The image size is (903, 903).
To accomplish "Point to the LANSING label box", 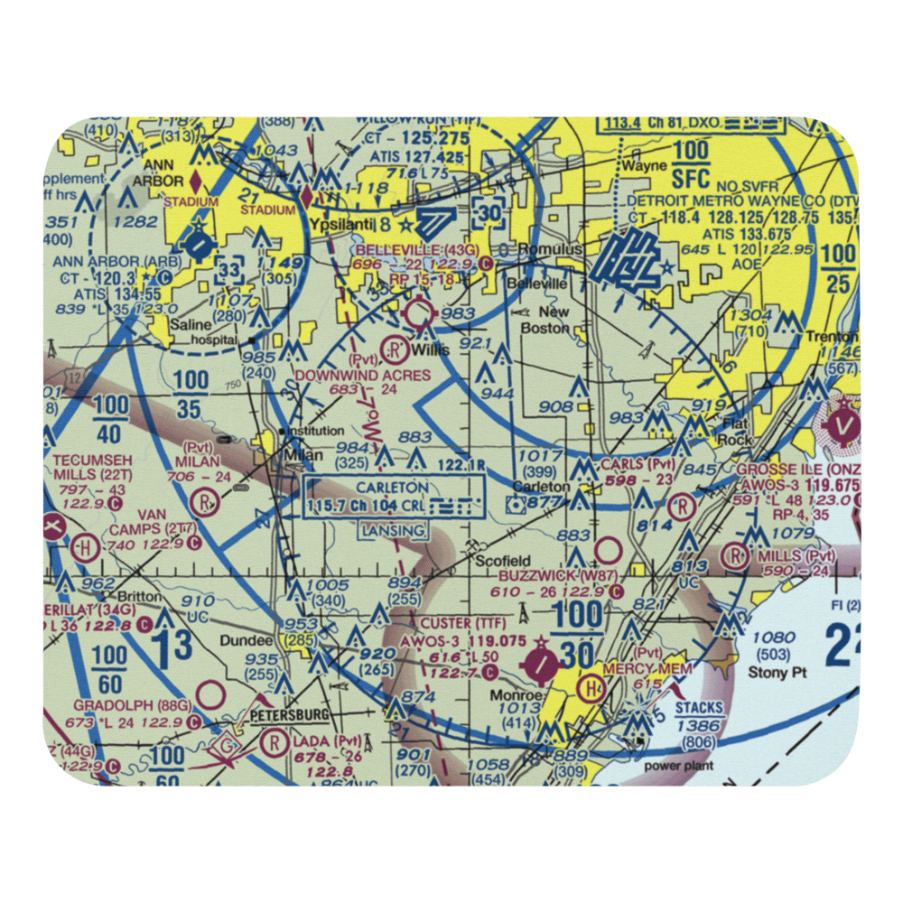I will [x=392, y=530].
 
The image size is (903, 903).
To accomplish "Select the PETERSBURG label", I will [x=289, y=715].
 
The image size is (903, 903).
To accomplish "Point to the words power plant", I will [x=678, y=766].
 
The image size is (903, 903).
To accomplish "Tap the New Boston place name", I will [x=546, y=320].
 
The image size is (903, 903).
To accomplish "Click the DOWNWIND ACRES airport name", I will [x=360, y=373].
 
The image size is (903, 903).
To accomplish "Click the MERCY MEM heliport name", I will [x=662, y=668].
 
